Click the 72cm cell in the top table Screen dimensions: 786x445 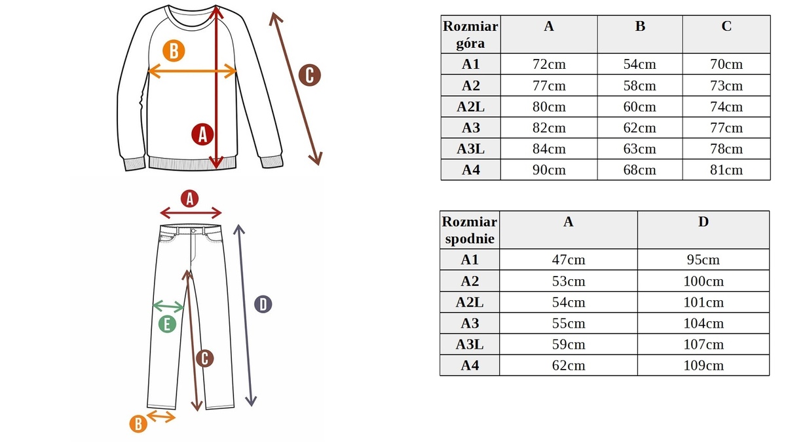pos(549,64)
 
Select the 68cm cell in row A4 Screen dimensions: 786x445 pos(640,170)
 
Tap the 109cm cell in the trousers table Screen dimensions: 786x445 pos(703,365)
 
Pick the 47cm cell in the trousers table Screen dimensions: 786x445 pos(569,260)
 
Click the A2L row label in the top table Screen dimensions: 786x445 pos(470,106)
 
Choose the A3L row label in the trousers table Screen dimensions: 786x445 pos(470,344)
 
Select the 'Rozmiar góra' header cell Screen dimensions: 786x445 pos(470,35)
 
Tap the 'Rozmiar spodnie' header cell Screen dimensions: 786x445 pos(470,230)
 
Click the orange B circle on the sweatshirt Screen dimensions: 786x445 pos(174,51)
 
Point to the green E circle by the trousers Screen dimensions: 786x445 pos(167,324)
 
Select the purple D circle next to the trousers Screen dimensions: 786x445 pos(263,304)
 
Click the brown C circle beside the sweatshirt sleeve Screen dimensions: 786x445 pos(309,75)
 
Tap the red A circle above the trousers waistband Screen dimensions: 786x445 pos(189,199)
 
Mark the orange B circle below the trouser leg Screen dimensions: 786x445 pos(138,424)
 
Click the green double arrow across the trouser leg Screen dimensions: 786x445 pos(168,307)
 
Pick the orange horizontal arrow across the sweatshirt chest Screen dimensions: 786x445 pos(193,71)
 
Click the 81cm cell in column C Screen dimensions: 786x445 pos(726,170)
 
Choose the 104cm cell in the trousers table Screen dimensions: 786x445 pos(703,323)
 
